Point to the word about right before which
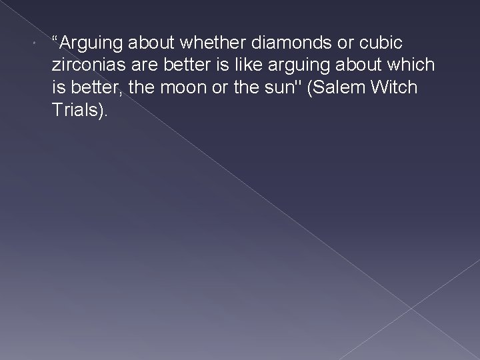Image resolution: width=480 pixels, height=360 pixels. tap(357, 66)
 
